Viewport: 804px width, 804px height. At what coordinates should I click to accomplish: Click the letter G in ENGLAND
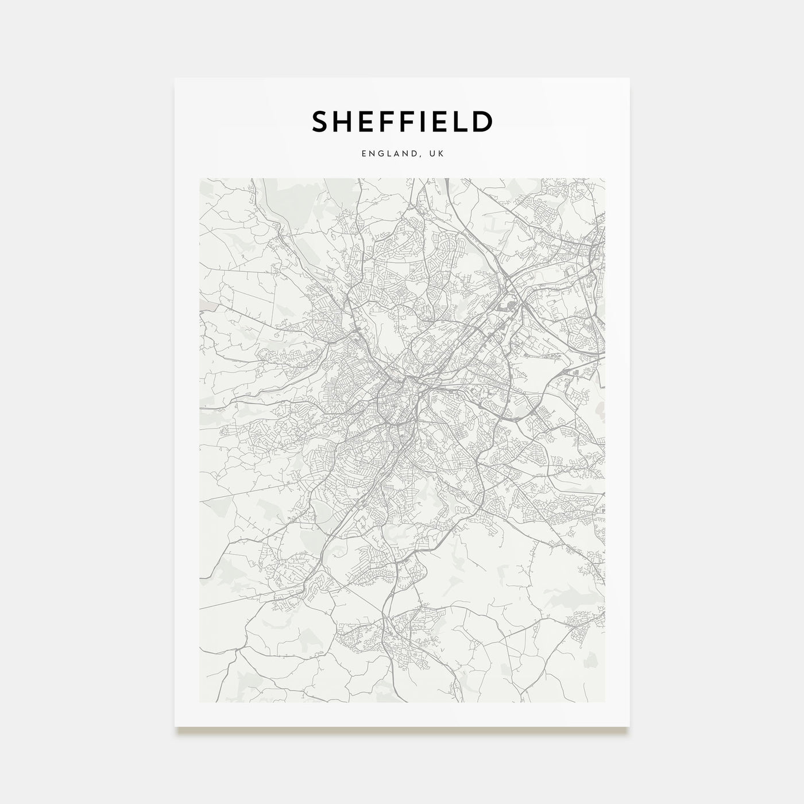point(381,154)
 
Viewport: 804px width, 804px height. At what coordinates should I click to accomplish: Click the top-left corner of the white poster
point(175,78)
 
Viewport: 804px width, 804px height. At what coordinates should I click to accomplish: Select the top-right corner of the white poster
point(629,78)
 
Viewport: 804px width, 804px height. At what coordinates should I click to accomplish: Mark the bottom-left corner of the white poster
point(175,726)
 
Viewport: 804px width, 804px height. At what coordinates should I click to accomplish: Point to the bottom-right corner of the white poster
point(629,726)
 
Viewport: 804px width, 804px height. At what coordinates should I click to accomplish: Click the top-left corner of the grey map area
point(199,178)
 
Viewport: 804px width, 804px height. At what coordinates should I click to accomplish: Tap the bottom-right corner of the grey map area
point(605,702)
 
